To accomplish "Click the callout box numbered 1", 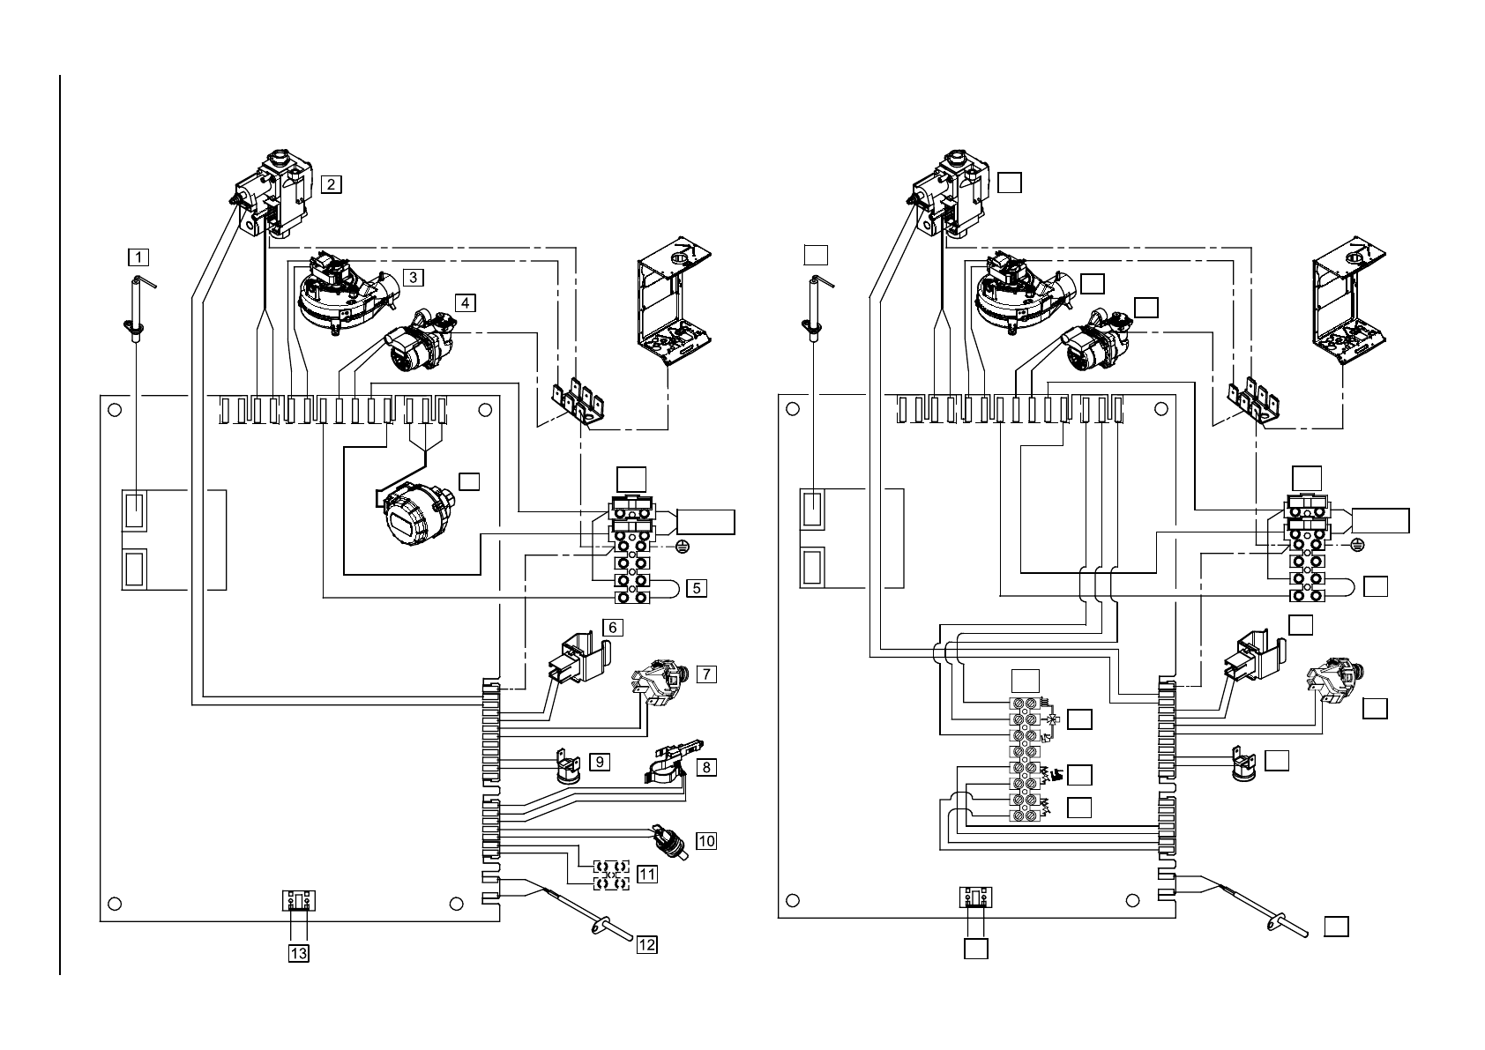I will pyautogui.click(x=138, y=257).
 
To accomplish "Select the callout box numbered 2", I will pyautogui.click(x=331, y=184).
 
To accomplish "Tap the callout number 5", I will pyautogui.click(x=697, y=586).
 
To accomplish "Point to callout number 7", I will pyautogui.click(x=705, y=674).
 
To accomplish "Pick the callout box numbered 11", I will pyautogui.click(x=647, y=874).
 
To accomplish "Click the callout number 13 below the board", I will pyautogui.click(x=299, y=952).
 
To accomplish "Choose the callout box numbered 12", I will pyautogui.click(x=647, y=945).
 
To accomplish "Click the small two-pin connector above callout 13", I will pyautogui.click(x=299, y=900).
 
